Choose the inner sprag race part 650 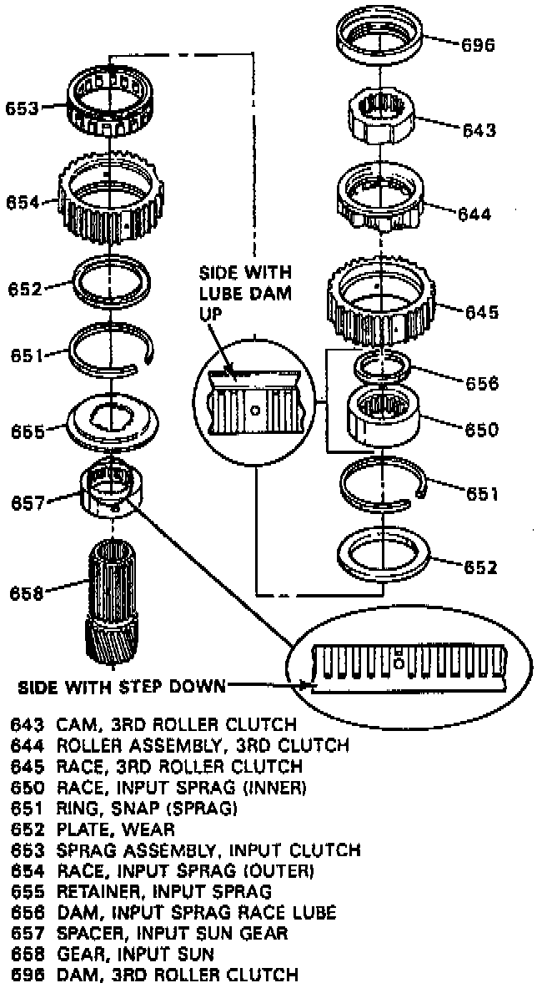click(x=384, y=413)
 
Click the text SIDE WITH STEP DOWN click(x=122, y=688)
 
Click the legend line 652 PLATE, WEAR click(x=93, y=829)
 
